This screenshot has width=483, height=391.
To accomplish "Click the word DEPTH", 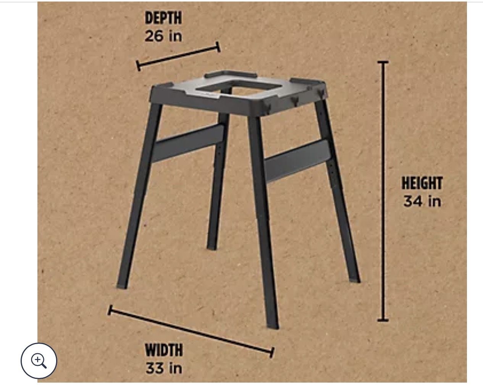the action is (x=163, y=18).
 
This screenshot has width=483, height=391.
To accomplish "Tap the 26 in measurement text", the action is (x=163, y=36).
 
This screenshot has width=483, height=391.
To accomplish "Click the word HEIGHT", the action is (x=422, y=183).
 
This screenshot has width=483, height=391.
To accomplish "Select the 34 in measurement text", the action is (x=422, y=201).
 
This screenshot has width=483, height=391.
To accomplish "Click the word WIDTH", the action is (x=164, y=350).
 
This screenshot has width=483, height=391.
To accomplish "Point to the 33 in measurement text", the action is (x=164, y=368).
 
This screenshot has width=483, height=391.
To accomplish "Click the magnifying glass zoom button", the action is (x=39, y=360).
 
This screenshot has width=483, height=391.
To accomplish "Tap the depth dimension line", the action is (x=178, y=56).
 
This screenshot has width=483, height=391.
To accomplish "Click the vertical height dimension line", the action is (x=383, y=191).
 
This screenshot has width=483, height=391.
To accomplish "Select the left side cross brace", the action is (x=188, y=143).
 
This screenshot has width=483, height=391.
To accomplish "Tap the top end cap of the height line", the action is (x=383, y=62).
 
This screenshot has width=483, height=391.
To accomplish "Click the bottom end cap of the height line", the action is (x=383, y=320).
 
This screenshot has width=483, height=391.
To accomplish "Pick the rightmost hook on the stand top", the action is (x=320, y=92).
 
